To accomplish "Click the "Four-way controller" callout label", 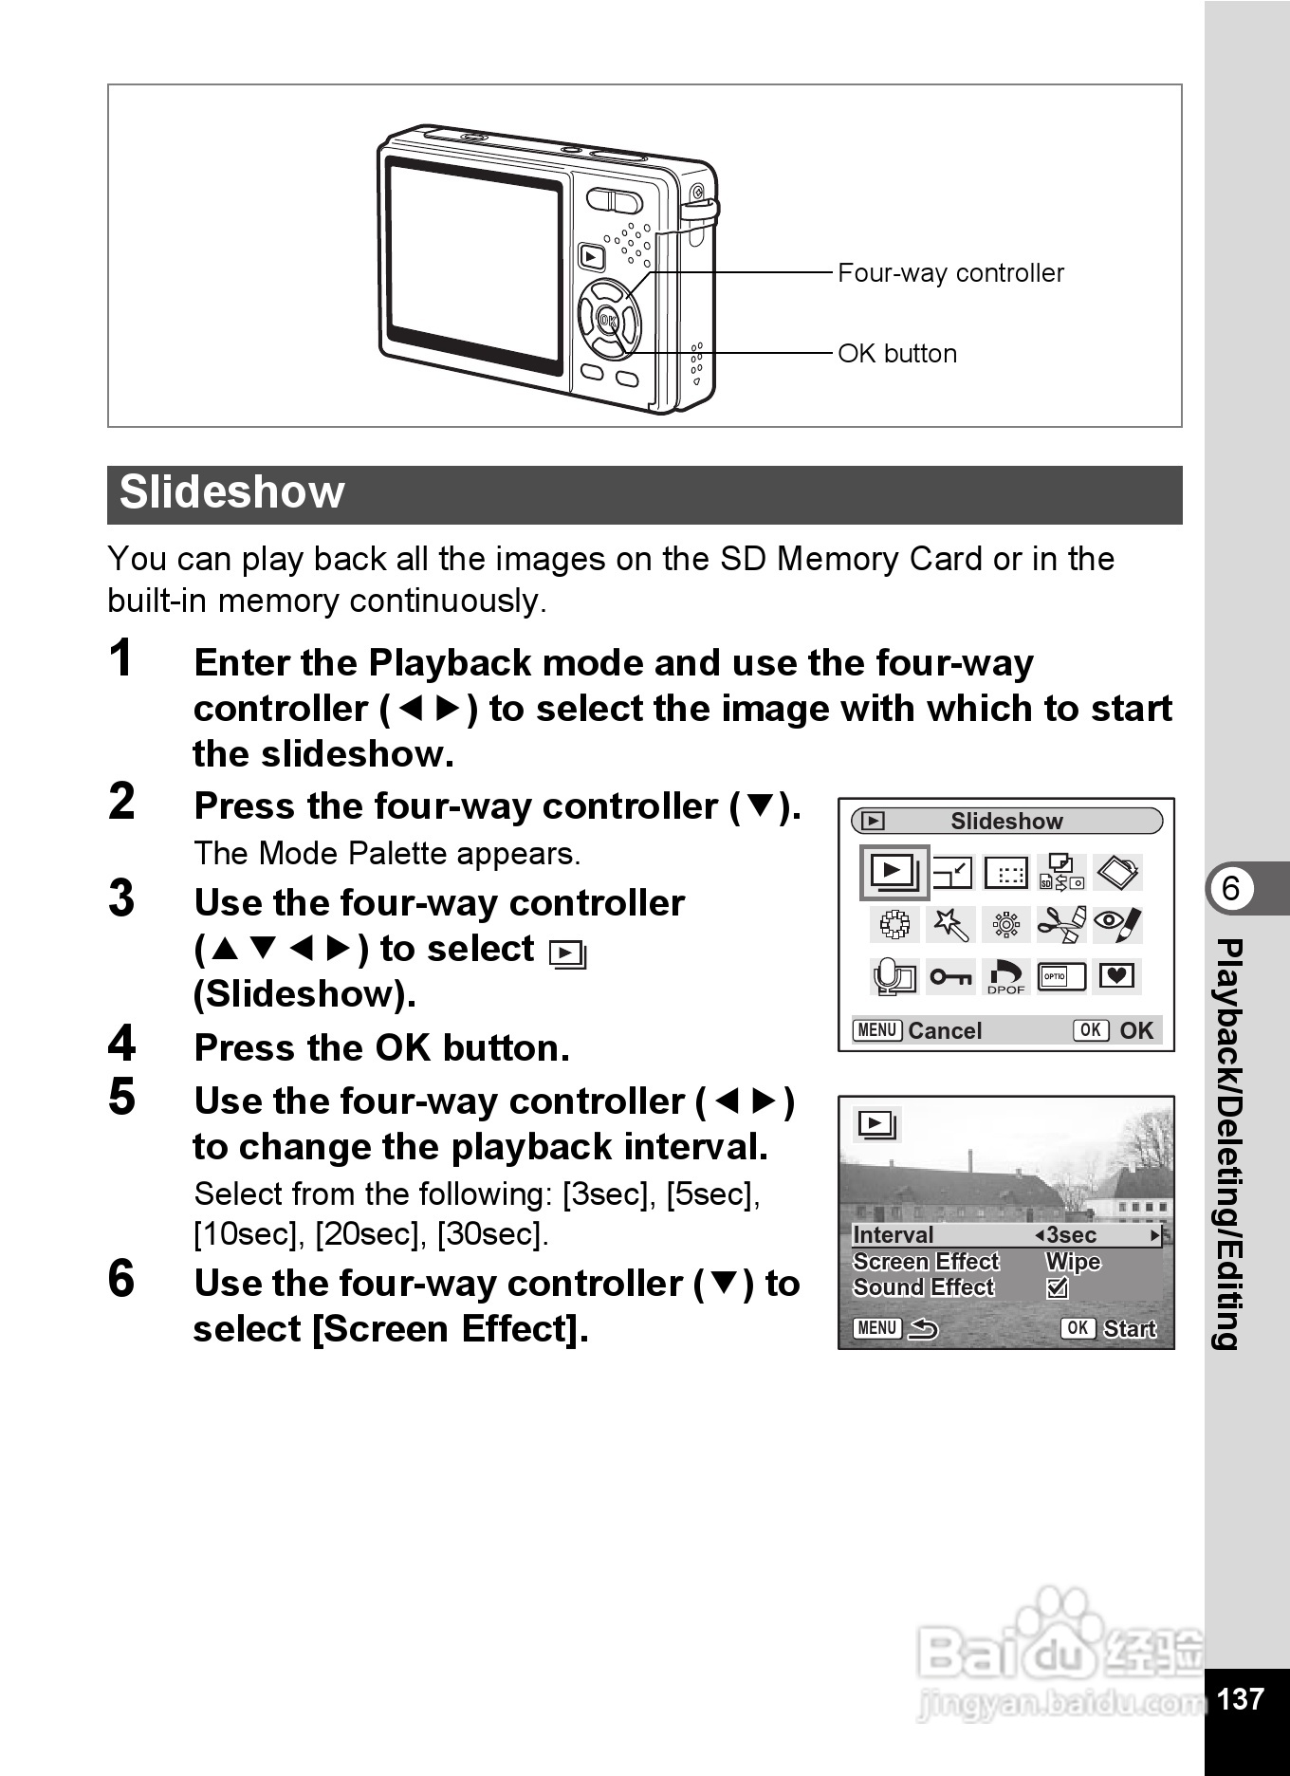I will (950, 273).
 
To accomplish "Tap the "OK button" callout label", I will (897, 354).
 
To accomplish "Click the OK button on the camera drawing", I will (608, 321).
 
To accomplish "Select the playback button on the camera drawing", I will (591, 256).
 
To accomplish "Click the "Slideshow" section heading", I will (232, 493).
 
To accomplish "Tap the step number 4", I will (122, 1045).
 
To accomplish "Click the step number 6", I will (121, 1279).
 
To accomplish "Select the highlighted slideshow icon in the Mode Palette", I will (894, 872).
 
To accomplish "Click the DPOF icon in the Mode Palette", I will (1006, 976).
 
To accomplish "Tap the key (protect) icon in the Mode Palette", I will (949, 976).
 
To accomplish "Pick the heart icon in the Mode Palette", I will (1116, 975).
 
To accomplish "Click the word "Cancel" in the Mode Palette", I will (945, 1030).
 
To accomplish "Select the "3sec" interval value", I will (1071, 1235).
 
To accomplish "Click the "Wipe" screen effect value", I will (1073, 1262).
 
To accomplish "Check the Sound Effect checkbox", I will (1057, 1288).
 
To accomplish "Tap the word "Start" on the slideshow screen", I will (1130, 1328).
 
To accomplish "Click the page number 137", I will (1240, 1698).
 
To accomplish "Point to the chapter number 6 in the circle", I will (1230, 888).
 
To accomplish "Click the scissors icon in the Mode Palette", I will (1061, 923).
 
